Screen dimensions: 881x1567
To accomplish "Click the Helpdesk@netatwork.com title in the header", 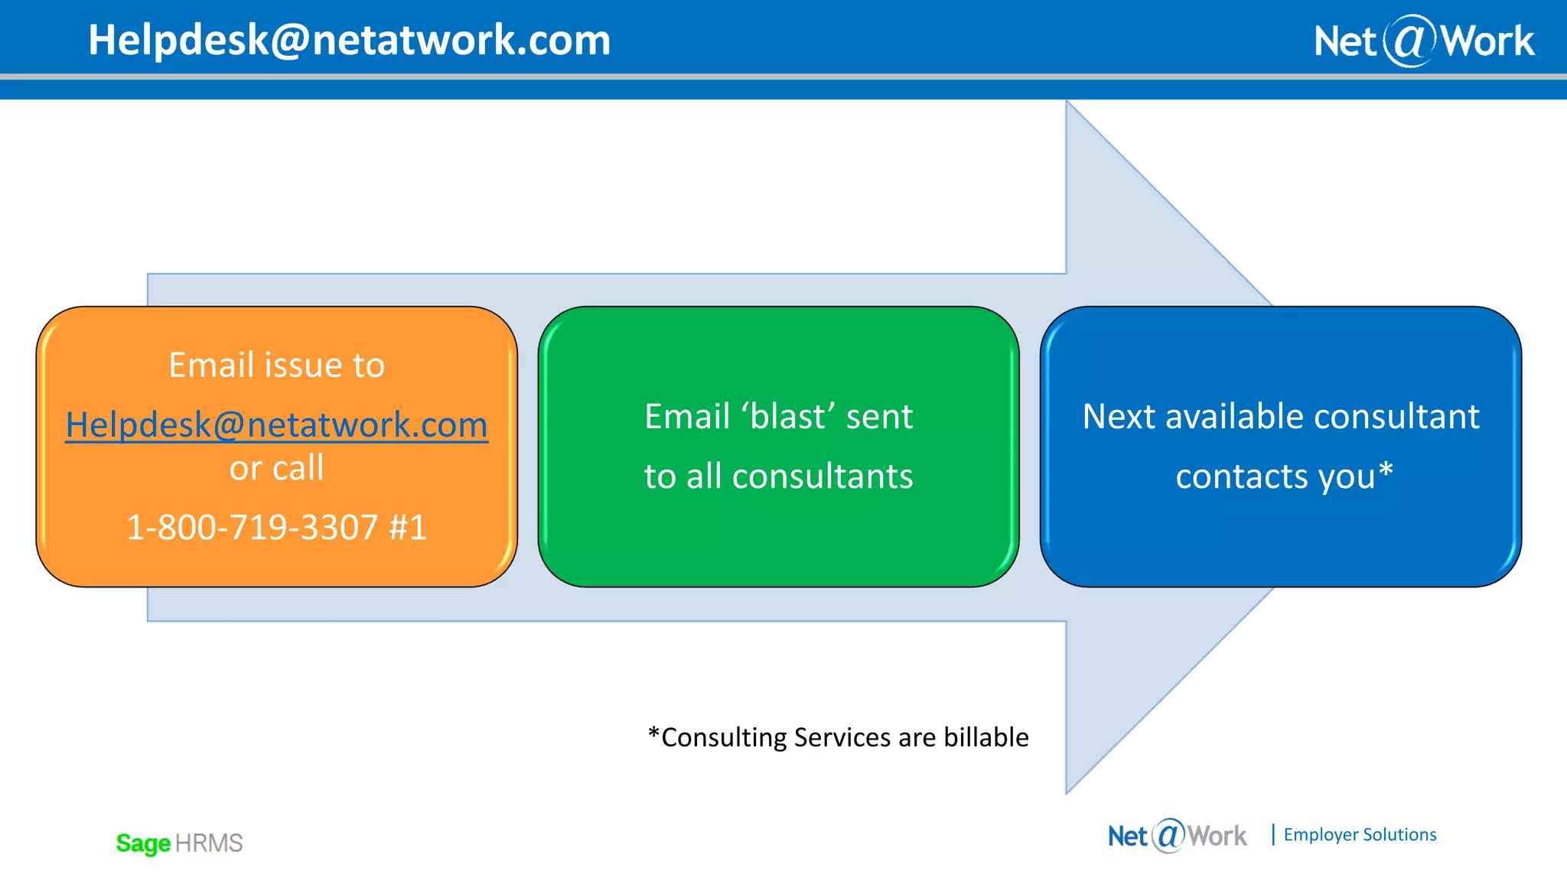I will pyautogui.click(x=349, y=40).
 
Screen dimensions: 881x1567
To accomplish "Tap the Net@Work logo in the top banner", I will pyautogui.click(x=1423, y=41).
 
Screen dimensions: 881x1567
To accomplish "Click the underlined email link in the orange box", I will pyautogui.click(x=276, y=424).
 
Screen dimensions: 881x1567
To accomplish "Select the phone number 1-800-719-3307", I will pyautogui.click(x=252, y=527).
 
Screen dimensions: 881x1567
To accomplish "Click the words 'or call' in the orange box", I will pyautogui.click(x=276, y=468).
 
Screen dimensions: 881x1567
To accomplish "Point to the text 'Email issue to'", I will pyautogui.click(x=276, y=365).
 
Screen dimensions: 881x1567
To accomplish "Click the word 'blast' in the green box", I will pyautogui.click(x=788, y=417).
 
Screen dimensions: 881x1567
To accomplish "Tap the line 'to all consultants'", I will pyautogui.click(x=778, y=476).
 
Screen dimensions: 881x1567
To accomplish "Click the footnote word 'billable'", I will pyautogui.click(x=985, y=737).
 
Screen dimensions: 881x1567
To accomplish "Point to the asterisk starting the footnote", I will pyautogui.click(x=653, y=734).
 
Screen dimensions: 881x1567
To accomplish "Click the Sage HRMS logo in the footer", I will pyautogui.click(x=179, y=843).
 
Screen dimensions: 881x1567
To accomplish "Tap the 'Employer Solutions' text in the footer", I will pyautogui.click(x=1360, y=834).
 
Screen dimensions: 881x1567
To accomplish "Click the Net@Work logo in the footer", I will pyautogui.click(x=1177, y=835).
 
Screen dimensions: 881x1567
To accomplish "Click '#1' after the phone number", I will pyautogui.click(x=407, y=527).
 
